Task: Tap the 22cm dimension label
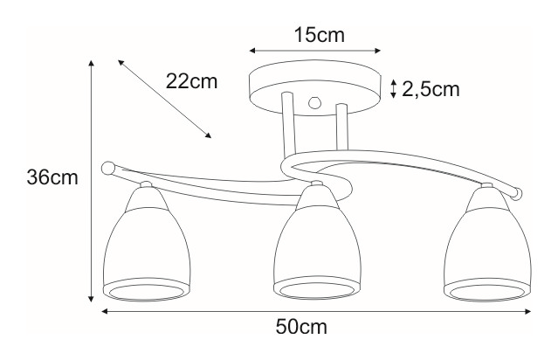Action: point(191,81)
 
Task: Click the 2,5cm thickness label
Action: point(431,88)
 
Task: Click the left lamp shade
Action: point(144,249)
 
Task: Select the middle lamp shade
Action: point(315,249)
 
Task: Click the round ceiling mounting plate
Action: point(315,84)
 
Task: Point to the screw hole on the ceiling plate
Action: point(315,100)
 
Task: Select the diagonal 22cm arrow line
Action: point(165,98)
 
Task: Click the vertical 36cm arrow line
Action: point(92,180)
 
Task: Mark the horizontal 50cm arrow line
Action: point(314,310)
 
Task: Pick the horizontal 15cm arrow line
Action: point(315,51)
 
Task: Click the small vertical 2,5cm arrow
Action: point(394,88)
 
